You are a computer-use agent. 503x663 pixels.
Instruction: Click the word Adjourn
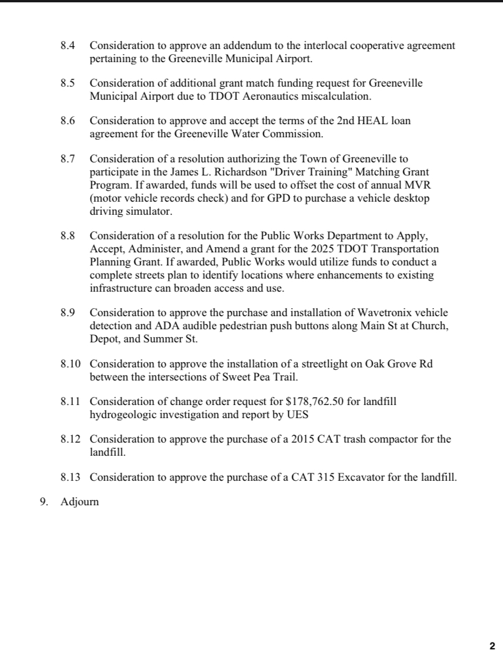[x=80, y=502]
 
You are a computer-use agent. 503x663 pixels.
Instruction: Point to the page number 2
[x=492, y=646]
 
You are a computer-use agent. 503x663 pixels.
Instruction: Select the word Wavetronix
[x=386, y=313]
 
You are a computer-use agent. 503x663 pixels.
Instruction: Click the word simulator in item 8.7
[x=151, y=211]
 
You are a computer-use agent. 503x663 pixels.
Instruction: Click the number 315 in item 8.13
[x=326, y=477]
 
